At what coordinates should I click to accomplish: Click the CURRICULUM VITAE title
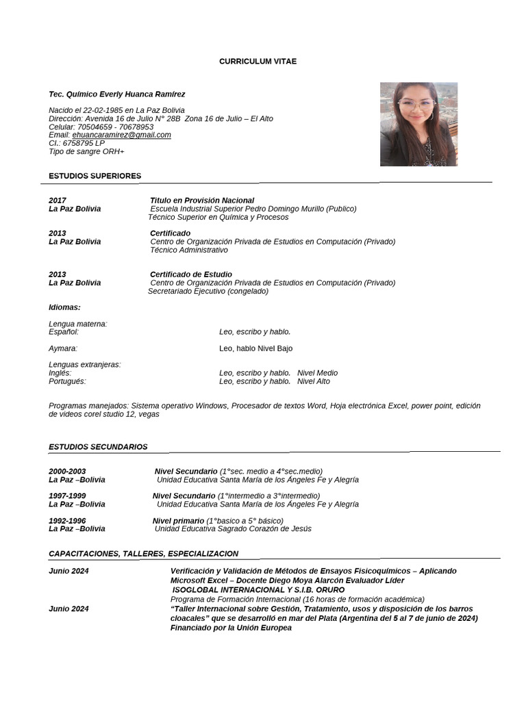click(x=258, y=62)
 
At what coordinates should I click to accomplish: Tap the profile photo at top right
click(x=418, y=124)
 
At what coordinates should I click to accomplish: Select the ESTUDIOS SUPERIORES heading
click(x=95, y=176)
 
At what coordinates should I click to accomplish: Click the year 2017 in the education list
click(x=58, y=201)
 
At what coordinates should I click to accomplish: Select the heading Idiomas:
click(x=64, y=307)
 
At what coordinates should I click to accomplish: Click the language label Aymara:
click(x=63, y=348)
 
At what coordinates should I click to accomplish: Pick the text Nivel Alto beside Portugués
click(x=314, y=381)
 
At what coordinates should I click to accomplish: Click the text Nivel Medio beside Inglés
click(x=317, y=373)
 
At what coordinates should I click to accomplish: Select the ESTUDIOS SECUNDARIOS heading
click(x=98, y=447)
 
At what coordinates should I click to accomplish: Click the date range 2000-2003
click(x=67, y=472)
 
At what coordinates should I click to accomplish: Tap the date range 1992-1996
click(x=67, y=521)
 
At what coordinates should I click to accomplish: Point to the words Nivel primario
click(x=178, y=521)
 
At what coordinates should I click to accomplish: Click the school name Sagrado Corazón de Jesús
click(x=261, y=528)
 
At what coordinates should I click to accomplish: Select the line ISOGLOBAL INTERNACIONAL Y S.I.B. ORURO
click(x=258, y=589)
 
